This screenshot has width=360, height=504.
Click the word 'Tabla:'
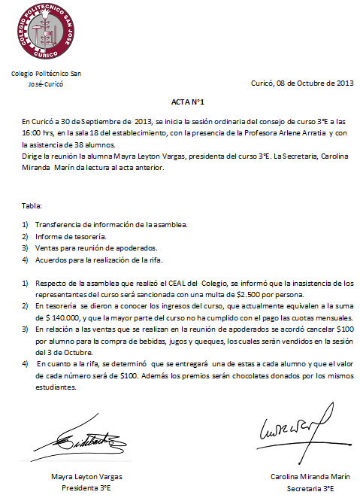tap(32, 204)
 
